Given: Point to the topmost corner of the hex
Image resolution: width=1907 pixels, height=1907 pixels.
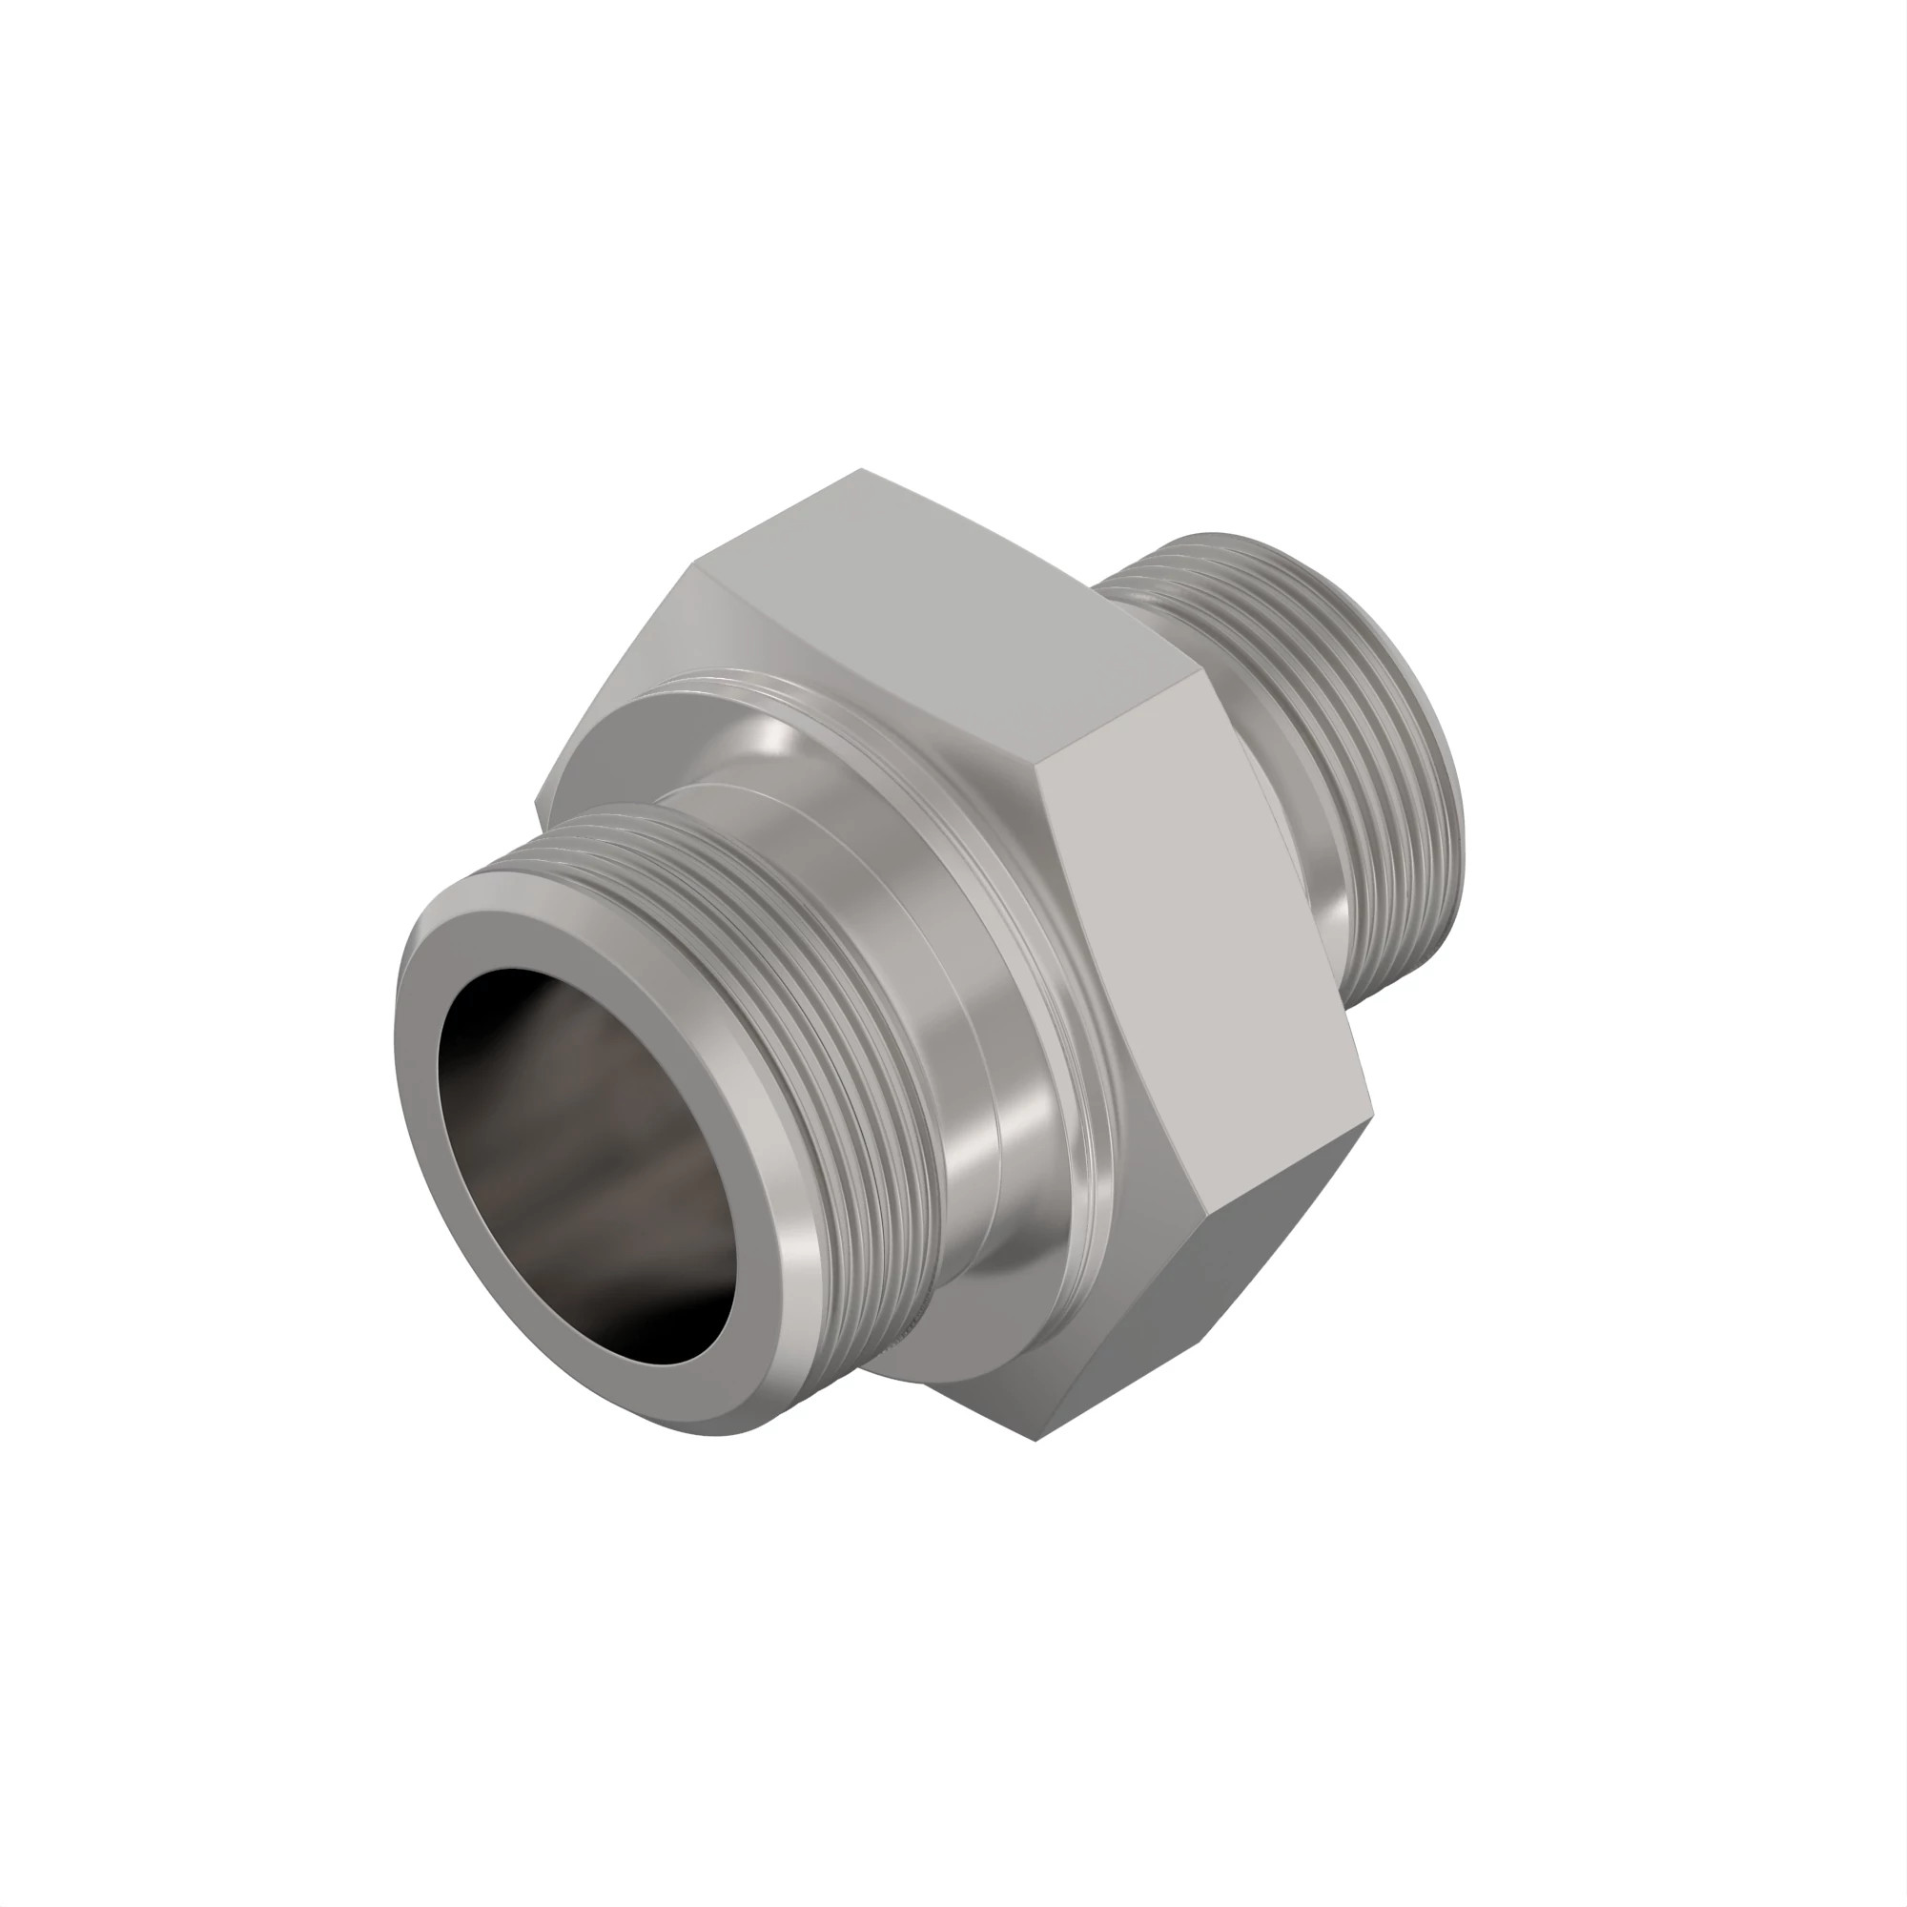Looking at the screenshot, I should tap(861, 470).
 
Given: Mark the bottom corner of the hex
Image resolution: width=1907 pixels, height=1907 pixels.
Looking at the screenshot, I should tap(1036, 1440).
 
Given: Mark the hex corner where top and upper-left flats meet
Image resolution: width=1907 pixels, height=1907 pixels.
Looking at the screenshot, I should tap(697, 564).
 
